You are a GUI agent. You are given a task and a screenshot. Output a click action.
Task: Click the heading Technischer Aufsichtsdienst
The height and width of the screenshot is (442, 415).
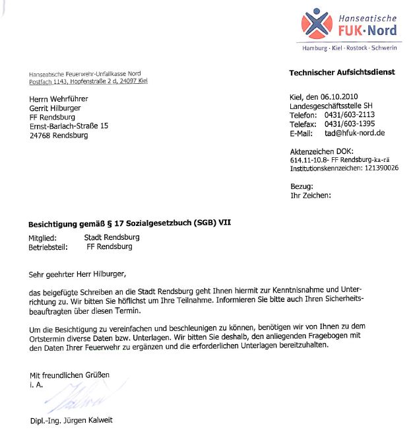coord(342,72)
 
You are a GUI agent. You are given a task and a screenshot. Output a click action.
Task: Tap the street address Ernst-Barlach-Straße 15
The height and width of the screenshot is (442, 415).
coord(69,126)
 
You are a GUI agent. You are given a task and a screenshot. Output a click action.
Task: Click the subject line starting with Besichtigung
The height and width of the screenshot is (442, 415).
coord(129,223)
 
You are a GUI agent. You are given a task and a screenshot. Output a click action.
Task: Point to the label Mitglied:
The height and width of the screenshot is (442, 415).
coord(43,237)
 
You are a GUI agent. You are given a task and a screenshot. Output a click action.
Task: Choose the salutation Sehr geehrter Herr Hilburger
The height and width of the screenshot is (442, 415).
coord(77,273)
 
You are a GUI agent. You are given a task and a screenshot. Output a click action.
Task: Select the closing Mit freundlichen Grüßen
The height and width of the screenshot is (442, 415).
coord(69,375)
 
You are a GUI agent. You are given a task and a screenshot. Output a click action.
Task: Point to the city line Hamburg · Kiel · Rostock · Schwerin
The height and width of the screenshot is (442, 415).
coord(349,49)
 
